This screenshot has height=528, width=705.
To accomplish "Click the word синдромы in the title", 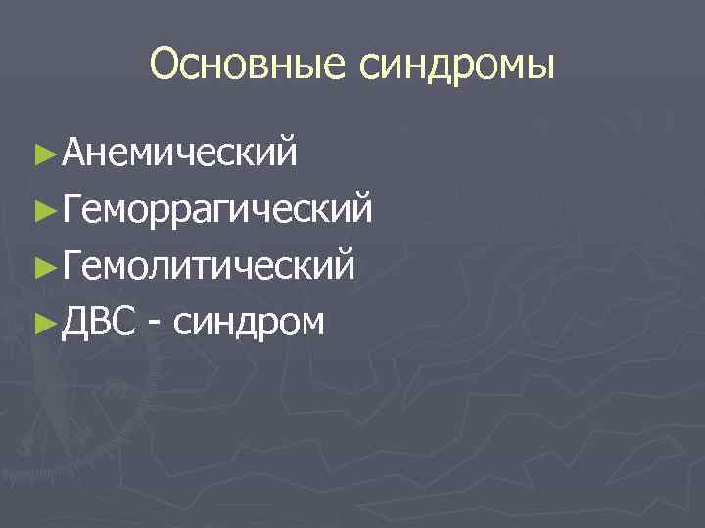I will point(458,66).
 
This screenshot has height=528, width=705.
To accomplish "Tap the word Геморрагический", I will point(216,207).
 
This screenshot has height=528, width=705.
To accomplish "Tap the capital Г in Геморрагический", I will point(70,207).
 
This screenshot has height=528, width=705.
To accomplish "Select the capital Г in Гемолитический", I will point(70,263).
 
